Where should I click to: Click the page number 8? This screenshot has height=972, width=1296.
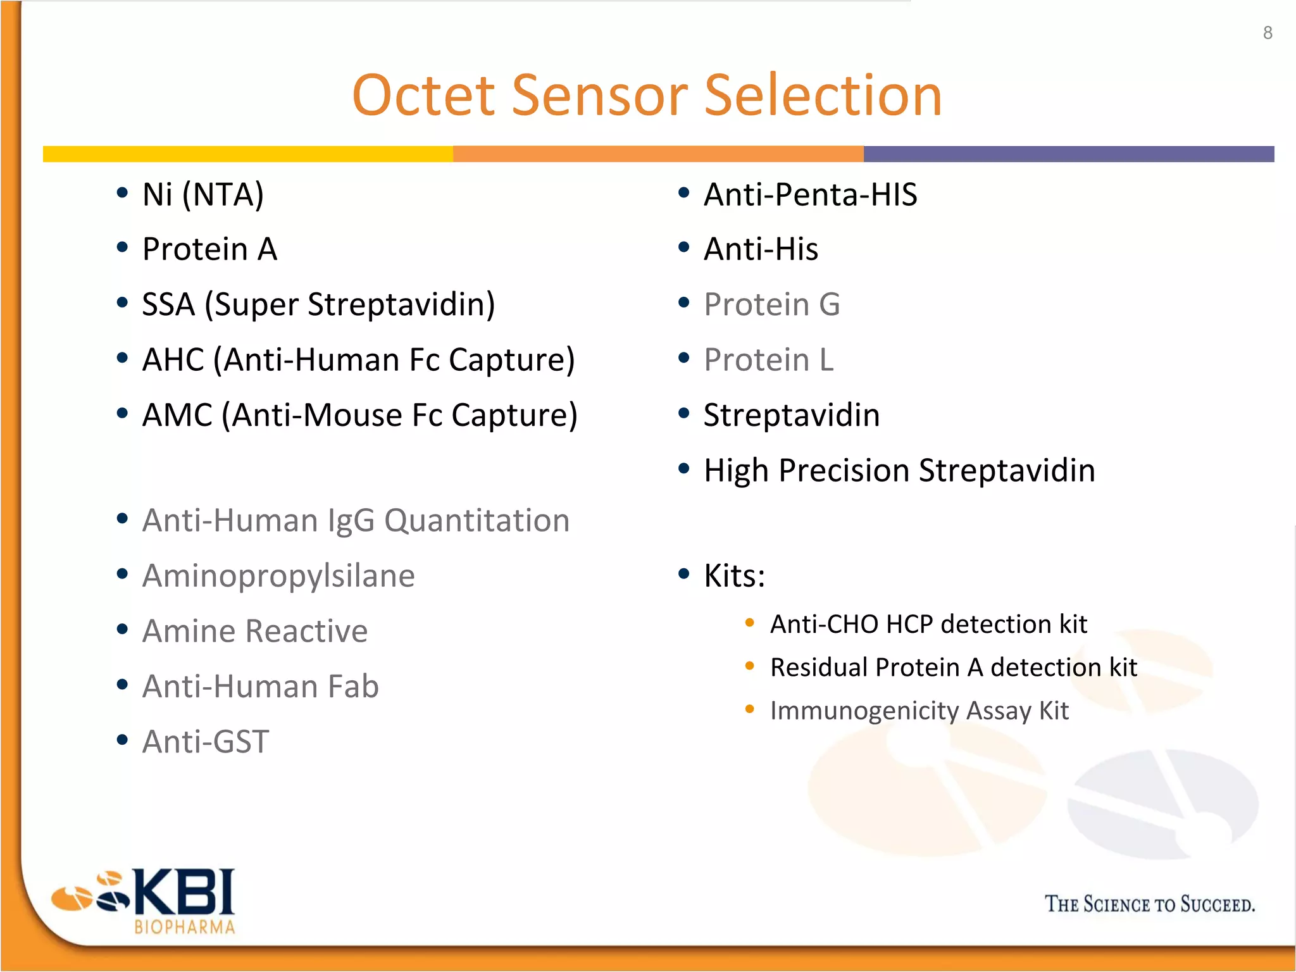[x=1267, y=33]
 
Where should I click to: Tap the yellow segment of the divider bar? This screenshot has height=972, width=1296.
[x=247, y=154]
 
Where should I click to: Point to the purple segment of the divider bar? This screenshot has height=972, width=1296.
[x=1068, y=154]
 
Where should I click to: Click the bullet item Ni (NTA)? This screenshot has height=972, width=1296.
[x=202, y=194]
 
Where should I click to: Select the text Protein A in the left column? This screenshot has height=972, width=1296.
[x=209, y=249]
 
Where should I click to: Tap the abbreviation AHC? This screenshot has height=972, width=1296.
[x=173, y=359]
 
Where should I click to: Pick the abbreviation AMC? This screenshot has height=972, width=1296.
[x=177, y=415]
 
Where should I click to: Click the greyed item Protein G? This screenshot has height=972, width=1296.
[x=771, y=304]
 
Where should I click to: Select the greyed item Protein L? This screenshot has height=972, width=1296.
[x=768, y=359]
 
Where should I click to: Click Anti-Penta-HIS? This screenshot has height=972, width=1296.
[x=810, y=194]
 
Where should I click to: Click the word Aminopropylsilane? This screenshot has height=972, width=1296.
[x=278, y=576]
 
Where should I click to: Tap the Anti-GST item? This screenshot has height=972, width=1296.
[x=206, y=742]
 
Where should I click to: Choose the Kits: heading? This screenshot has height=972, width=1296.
[x=734, y=576]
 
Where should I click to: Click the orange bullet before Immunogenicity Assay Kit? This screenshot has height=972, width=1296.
[x=750, y=709]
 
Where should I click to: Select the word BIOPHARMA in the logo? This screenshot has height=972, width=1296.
[x=184, y=927]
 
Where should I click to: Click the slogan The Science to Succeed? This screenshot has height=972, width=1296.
[x=1149, y=904]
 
